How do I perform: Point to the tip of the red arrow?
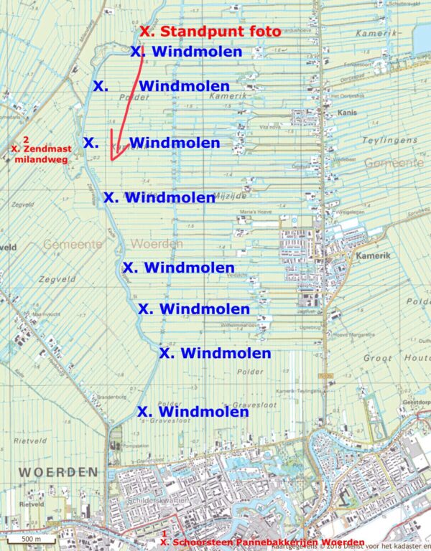pos(111,160)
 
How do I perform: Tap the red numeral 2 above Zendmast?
pos(26,138)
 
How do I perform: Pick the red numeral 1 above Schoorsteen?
pos(164,534)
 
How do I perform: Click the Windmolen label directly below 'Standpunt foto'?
pos(187,52)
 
